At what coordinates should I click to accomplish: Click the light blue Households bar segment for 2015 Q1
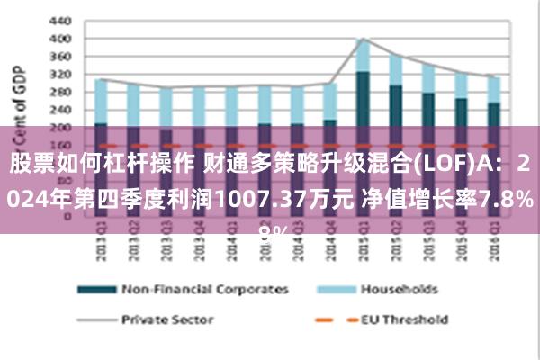363,56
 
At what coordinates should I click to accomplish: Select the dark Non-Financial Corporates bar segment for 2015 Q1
363,99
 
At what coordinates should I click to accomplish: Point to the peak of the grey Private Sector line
363,39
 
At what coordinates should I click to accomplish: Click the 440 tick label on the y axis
59,20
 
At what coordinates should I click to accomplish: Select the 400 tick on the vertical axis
59,39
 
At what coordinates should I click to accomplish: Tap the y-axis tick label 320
59,75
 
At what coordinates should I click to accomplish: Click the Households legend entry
400,290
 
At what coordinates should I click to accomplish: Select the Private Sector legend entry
167,319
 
